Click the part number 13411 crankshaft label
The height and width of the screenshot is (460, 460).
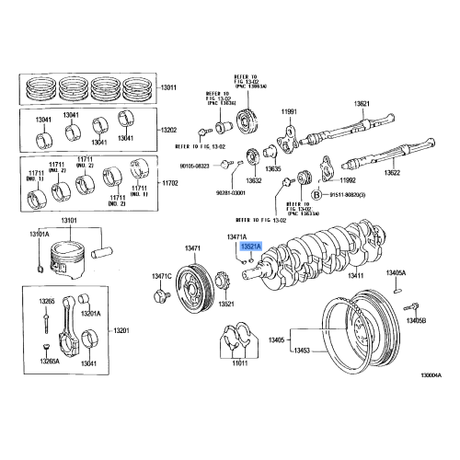pos(357,275)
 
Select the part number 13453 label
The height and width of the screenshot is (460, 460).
pos(302,351)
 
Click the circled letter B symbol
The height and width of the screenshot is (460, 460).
pos(316,195)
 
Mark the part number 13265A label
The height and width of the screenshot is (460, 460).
pos(49,362)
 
